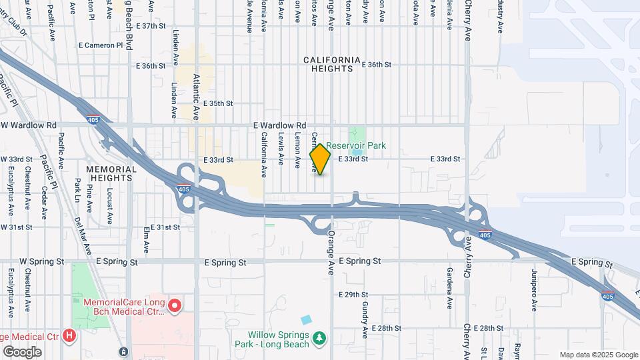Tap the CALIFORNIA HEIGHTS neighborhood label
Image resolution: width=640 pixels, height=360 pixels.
point(332,64)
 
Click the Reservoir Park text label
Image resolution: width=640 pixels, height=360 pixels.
point(356,145)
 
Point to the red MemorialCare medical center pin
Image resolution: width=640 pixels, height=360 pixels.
point(175,306)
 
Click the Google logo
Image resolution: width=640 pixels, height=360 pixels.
point(22,351)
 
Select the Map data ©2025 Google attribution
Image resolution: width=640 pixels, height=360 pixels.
point(599,355)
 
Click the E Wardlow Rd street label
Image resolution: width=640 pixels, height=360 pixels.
point(279,125)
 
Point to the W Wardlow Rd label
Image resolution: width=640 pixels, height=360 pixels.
point(29,125)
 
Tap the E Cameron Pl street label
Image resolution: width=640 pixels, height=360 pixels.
point(101,45)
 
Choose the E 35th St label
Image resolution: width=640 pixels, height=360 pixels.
point(219,103)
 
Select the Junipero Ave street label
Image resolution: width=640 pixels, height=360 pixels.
point(534,291)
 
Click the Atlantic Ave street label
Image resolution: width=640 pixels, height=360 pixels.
point(196,96)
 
